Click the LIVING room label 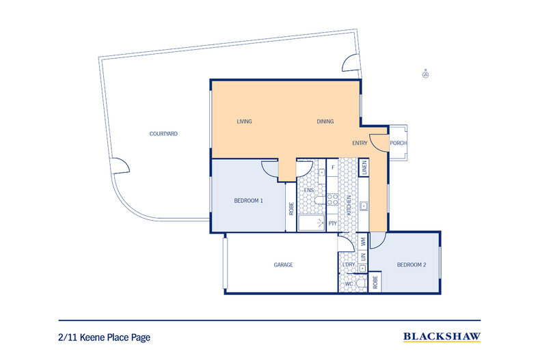coord(244,122)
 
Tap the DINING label coord(325,122)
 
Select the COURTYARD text coord(163,134)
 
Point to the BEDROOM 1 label coord(248,200)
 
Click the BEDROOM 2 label coord(411,264)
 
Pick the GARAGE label coord(283,264)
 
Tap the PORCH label coord(398,143)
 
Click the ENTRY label coord(360,143)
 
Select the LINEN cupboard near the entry coord(364,167)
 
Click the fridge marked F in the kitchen coord(332,167)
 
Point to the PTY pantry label coord(332,223)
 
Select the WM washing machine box coord(364,241)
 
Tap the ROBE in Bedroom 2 coord(376,283)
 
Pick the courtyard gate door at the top coord(349,65)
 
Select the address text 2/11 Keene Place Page coord(103,337)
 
